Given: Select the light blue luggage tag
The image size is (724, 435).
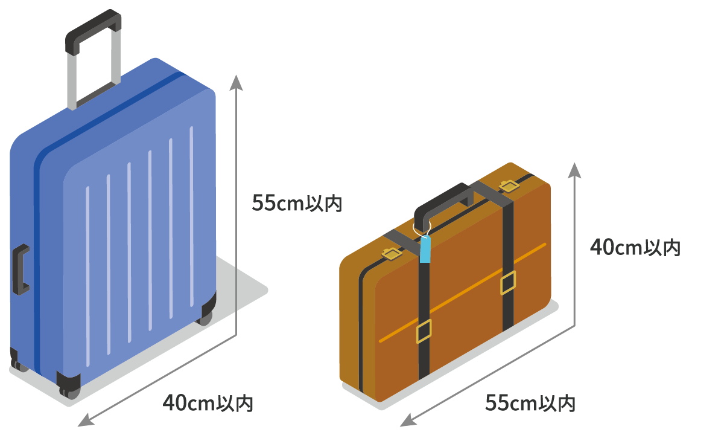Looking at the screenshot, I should [426, 250].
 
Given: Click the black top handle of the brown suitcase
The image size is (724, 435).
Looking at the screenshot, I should [443, 199].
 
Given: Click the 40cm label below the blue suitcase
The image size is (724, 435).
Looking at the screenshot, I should [208, 403].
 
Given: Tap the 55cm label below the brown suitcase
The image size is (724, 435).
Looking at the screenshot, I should [530, 403].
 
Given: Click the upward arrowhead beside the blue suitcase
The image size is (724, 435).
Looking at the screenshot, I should [236, 81].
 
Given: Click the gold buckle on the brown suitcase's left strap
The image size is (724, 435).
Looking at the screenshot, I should [424, 330].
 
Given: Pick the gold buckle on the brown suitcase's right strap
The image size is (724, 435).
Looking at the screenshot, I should [508, 283].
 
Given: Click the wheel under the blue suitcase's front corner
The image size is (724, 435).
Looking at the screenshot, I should [68, 385].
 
